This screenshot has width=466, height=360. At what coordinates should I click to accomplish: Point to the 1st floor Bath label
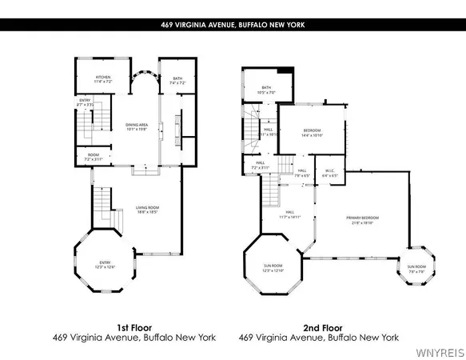(177, 80)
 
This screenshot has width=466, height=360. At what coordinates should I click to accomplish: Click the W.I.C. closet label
(329, 172)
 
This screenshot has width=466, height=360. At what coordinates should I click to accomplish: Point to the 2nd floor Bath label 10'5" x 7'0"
(265, 90)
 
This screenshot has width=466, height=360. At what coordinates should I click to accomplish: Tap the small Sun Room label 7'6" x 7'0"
(416, 268)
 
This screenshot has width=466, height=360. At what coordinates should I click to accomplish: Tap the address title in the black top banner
(233, 25)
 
